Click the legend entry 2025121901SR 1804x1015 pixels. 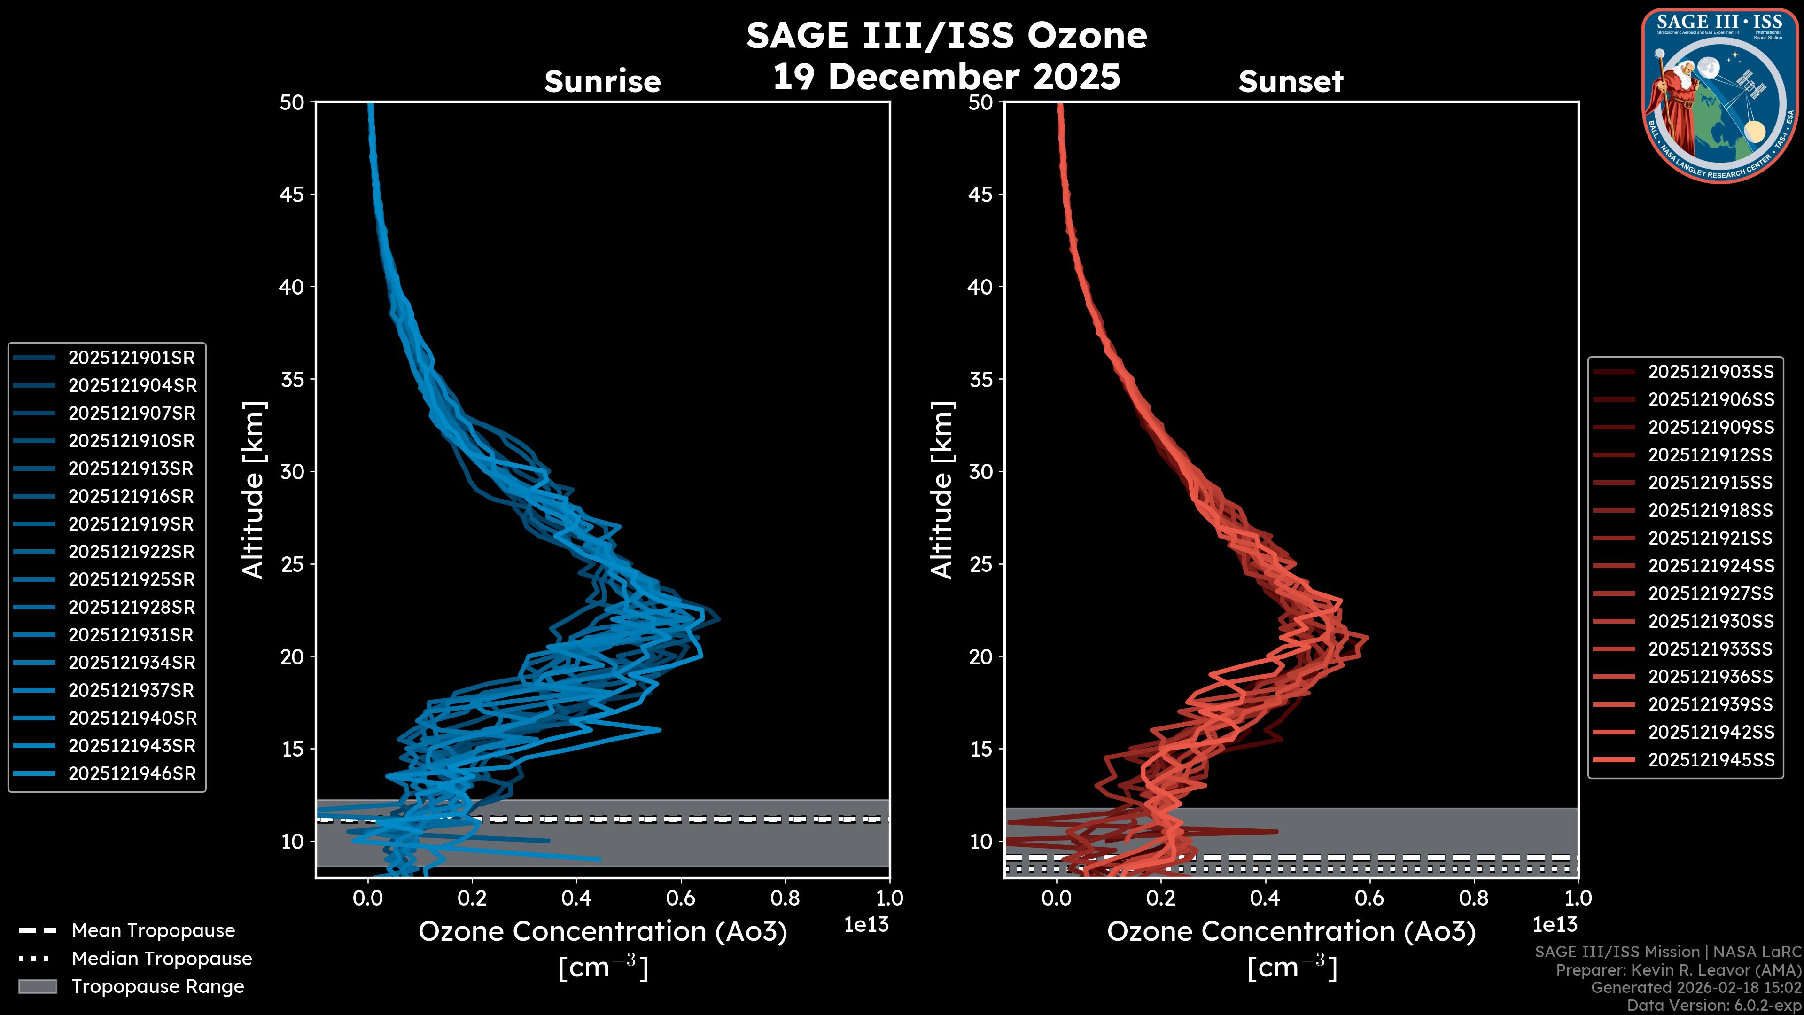131,358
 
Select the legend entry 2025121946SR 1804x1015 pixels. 131,774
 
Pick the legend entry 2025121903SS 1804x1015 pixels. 1710,372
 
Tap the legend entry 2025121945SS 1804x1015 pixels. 1710,760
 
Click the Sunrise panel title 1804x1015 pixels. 602,82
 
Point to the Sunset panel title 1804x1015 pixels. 1291,82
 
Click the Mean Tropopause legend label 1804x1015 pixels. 153,931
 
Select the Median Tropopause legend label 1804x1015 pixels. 161,959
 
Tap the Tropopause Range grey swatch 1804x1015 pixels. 37,987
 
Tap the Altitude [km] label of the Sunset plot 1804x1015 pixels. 942,490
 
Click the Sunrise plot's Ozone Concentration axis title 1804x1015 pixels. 602,932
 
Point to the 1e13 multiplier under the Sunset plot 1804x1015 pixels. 1555,925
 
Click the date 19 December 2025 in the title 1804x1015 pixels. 946,77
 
